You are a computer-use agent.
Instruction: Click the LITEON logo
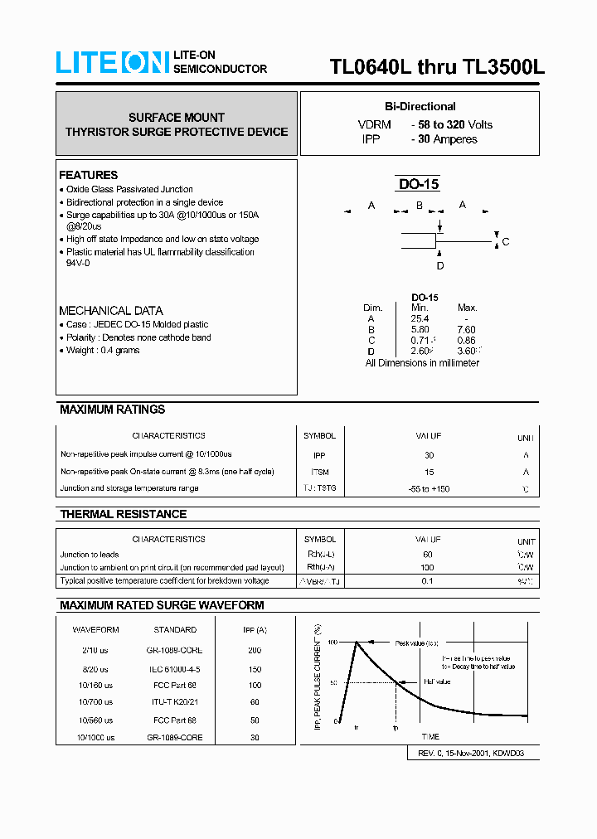pyautogui.click(x=112, y=63)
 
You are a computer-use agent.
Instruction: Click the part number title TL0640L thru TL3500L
pyautogui.click(x=437, y=67)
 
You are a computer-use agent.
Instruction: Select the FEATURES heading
pyautogui.click(x=88, y=175)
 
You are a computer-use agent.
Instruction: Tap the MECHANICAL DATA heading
pyautogui.click(x=110, y=310)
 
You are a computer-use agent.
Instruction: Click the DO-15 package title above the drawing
pyautogui.click(x=419, y=185)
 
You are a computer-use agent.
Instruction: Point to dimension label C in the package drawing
pyautogui.click(x=506, y=241)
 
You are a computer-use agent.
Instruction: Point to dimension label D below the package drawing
pyautogui.click(x=440, y=265)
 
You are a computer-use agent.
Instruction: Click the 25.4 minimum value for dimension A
pyautogui.click(x=420, y=318)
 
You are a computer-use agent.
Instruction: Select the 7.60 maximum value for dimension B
pyautogui.click(x=468, y=329)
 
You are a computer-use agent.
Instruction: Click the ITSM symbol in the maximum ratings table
pyautogui.click(x=319, y=472)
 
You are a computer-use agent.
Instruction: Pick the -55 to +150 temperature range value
pyautogui.click(x=429, y=489)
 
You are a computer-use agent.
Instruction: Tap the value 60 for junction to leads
pyautogui.click(x=429, y=555)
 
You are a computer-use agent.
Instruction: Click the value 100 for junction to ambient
pyautogui.click(x=429, y=568)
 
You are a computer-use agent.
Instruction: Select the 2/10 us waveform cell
pyautogui.click(x=95, y=650)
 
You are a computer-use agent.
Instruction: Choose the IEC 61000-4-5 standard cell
pyautogui.click(x=175, y=668)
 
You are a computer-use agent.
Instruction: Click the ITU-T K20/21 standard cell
pyautogui.click(x=175, y=702)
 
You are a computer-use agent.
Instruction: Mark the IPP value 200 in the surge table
pyautogui.click(x=255, y=650)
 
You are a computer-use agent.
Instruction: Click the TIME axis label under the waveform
pyautogui.click(x=430, y=736)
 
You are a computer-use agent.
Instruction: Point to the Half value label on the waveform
pyautogui.click(x=437, y=681)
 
